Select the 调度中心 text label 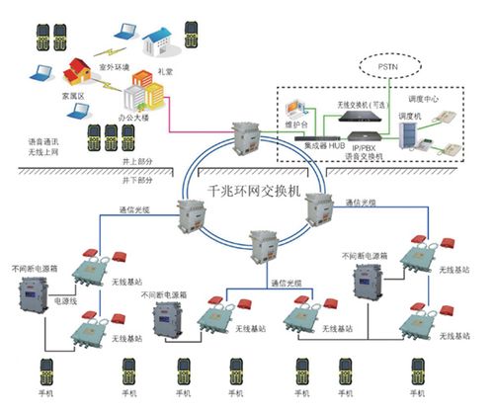coord(425,100)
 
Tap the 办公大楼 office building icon coord(135,96)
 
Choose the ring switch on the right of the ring coord(318,207)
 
